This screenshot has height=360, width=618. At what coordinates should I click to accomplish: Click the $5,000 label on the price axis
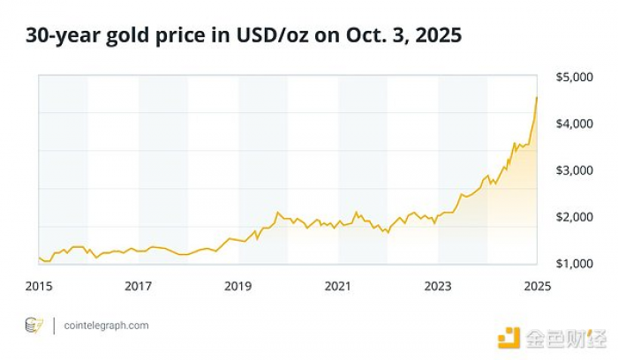[x=574, y=78]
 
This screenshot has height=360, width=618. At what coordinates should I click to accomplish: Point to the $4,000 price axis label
[x=574, y=124]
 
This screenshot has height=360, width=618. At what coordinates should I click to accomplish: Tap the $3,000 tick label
[x=574, y=170]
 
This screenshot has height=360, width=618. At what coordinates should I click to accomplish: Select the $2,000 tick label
[x=574, y=217]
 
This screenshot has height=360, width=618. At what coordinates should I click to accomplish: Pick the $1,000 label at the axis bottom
[x=574, y=264]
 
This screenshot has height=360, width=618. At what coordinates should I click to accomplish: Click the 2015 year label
[x=40, y=286]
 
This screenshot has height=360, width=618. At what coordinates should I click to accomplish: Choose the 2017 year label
[x=139, y=286]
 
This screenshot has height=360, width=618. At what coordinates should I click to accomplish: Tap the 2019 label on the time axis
[x=238, y=286]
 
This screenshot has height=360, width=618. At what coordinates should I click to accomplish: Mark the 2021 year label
[x=338, y=286]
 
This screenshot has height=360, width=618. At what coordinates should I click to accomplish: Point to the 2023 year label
[x=438, y=286]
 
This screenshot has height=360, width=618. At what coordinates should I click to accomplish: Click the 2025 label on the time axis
[x=538, y=286]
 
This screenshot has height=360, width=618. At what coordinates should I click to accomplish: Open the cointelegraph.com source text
[x=107, y=326]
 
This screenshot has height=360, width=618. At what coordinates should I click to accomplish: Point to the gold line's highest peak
[x=537, y=97]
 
